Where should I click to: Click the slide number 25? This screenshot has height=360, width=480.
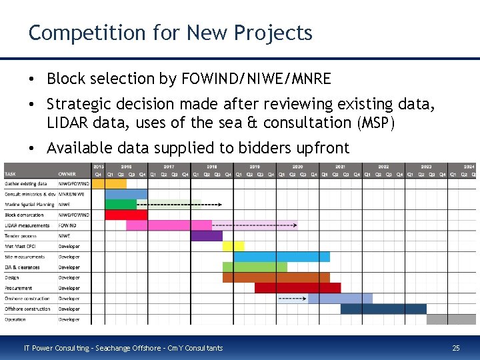456,347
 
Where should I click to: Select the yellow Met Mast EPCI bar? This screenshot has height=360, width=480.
233,246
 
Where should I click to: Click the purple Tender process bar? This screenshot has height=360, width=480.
206,235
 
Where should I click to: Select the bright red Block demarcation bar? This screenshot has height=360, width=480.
126,215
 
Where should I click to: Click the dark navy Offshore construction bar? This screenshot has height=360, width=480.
383,309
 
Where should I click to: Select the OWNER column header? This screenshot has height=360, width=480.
67,173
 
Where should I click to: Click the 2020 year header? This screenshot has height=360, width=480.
297,167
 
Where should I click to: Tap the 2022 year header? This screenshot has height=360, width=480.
383,167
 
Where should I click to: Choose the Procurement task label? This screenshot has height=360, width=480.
18,288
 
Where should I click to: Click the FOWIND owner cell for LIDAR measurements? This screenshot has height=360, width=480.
67,225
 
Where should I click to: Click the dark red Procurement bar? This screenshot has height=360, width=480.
297,288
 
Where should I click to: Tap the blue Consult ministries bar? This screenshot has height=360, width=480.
126,194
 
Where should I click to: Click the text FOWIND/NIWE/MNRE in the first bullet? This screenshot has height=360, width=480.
255,79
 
